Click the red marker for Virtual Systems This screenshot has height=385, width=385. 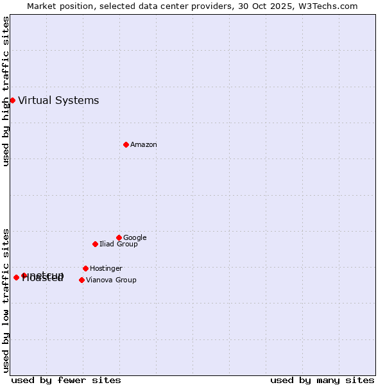click(12, 100)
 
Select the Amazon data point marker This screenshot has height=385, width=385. click(126, 144)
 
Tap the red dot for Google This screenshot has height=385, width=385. click(119, 237)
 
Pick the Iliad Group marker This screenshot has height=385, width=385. click(95, 244)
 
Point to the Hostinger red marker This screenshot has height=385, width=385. click(85, 268)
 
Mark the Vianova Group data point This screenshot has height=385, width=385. click(81, 280)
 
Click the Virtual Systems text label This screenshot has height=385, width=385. click(58, 100)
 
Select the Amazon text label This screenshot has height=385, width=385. click(144, 145)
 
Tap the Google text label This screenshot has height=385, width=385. click(135, 238)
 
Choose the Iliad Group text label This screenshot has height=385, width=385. click(119, 244)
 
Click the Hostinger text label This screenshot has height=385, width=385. click(106, 269)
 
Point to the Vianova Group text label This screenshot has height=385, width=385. click(111, 280)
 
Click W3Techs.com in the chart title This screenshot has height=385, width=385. click(327, 6)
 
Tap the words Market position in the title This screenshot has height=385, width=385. click(57, 6)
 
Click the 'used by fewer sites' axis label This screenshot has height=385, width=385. click(66, 380)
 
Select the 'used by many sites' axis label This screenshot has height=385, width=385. click(322, 380)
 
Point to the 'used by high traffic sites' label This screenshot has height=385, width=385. click(6, 91)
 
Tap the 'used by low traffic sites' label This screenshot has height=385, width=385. click(6, 300)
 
